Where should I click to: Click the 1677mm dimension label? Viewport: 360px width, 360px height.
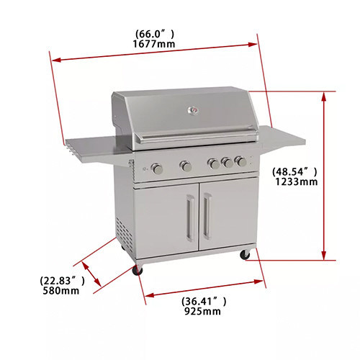(x=154, y=44)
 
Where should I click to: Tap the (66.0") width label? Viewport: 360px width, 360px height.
(x=155, y=34)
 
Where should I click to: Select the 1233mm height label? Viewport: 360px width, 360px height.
(x=297, y=181)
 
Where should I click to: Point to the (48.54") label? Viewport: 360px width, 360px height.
(x=294, y=171)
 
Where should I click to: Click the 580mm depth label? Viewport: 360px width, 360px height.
(x=61, y=291)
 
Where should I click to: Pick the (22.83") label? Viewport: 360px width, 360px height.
(x=62, y=281)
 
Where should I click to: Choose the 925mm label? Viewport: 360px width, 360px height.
(x=202, y=311)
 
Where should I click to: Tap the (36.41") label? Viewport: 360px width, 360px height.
(x=204, y=301)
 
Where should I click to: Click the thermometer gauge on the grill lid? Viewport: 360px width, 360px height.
(x=193, y=111)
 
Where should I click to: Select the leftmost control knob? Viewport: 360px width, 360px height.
(x=157, y=168)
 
